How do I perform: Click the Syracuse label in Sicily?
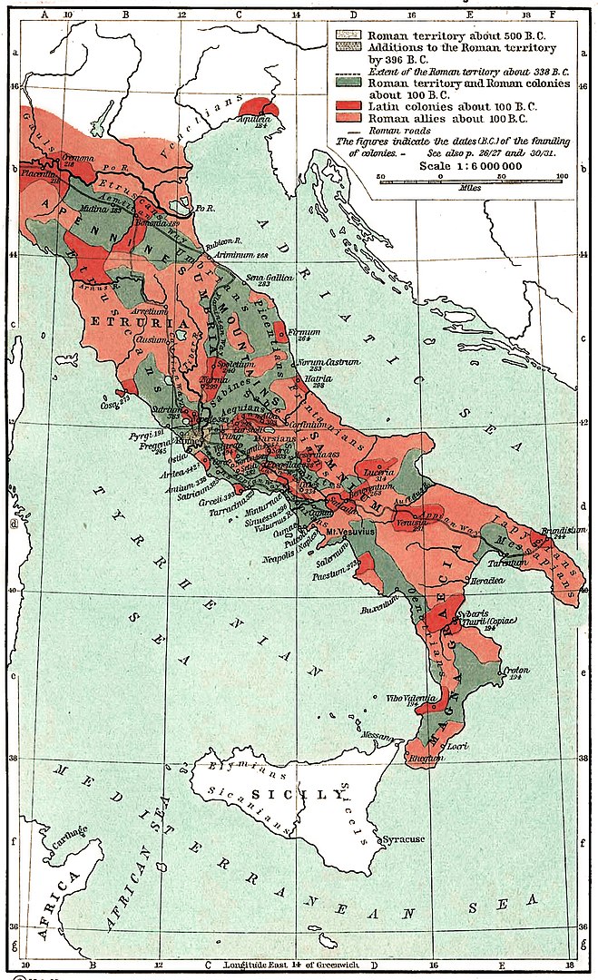pos(404,839)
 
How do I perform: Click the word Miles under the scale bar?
pos(469,188)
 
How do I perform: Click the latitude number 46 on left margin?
pos(13,86)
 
